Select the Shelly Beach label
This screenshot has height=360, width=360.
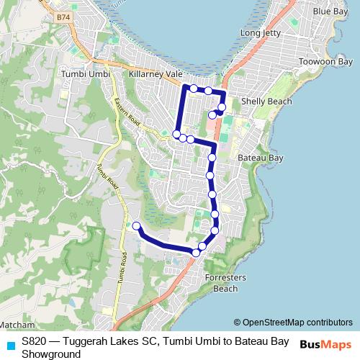pyautogui.click(x=266, y=102)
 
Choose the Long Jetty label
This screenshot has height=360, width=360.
pyautogui.click(x=261, y=33)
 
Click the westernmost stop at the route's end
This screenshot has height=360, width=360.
pyautogui.click(x=137, y=226)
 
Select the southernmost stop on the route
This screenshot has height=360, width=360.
pyautogui.click(x=196, y=252)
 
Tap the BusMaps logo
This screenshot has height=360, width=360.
pyautogui.click(x=326, y=345)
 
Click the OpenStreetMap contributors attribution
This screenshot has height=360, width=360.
pyautogui.click(x=293, y=323)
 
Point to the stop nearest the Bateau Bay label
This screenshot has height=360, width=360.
pyautogui.click(x=212, y=157)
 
